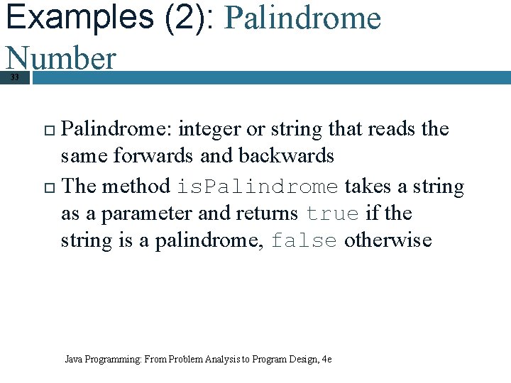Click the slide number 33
point(14,77)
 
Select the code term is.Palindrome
point(257,187)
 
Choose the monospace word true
point(333,214)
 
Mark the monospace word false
point(304,241)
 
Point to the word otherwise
point(388,240)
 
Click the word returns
point(267,213)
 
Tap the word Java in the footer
point(73,360)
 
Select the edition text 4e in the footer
point(326,360)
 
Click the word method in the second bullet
point(136,187)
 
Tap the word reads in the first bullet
point(391,129)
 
